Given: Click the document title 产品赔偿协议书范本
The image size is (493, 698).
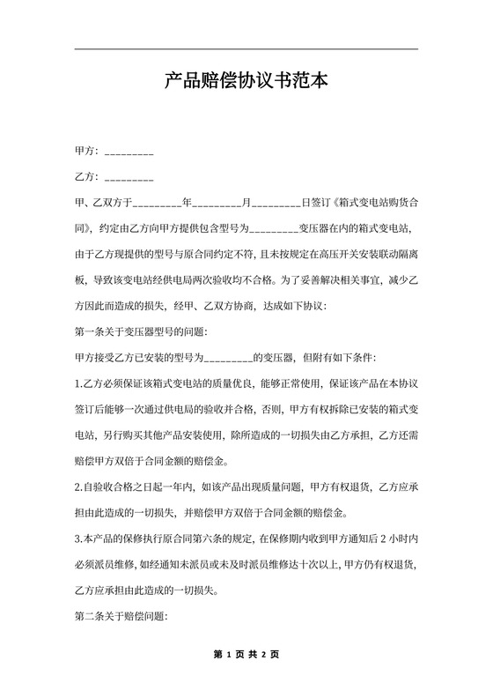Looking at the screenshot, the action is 246,82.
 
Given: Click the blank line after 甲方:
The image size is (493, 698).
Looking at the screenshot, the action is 129,152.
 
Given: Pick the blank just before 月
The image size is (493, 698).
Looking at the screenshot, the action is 217,204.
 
